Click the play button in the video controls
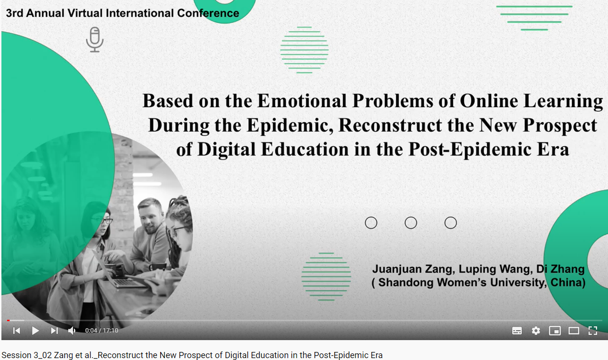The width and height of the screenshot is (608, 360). point(35,331)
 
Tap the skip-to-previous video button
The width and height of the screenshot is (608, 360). point(17,331)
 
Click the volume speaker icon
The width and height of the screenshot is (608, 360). point(72,331)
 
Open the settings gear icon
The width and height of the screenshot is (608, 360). point(536,331)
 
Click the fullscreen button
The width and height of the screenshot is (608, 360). point(593,331)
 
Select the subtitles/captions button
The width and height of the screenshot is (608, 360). point(517,331)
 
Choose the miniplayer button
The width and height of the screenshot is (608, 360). point(555,331)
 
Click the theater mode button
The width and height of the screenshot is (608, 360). point(574,331)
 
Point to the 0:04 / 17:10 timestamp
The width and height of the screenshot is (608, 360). point(101,331)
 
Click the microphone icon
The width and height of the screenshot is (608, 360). point(95,40)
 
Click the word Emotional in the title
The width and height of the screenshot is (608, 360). point(302,101)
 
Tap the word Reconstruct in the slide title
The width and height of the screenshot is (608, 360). point(390,126)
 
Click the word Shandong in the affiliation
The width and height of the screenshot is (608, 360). point(406,282)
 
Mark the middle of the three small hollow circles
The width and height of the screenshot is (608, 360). point(411,223)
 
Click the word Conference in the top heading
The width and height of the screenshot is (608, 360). point(208,13)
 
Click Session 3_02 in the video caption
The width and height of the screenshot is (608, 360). point(27,355)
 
